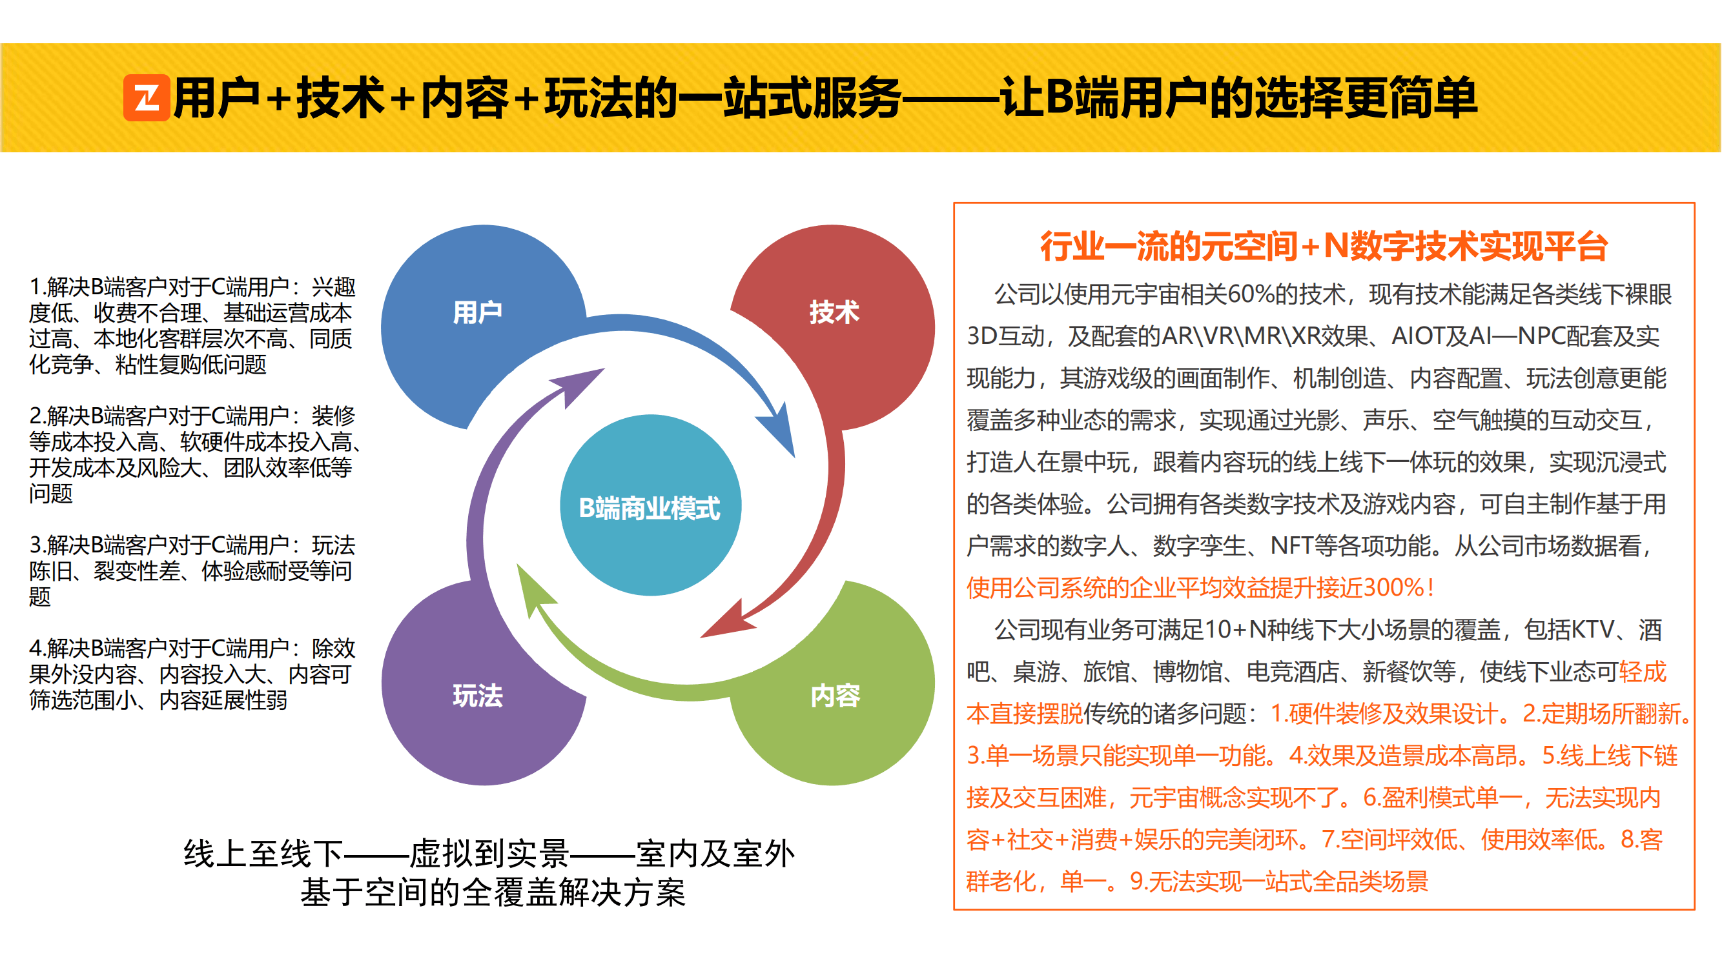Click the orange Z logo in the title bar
tap(147, 97)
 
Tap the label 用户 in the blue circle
tap(477, 312)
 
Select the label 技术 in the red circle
tap(834, 312)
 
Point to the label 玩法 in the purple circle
tap(477, 696)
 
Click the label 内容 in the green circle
tap(835, 696)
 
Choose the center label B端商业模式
tap(650, 508)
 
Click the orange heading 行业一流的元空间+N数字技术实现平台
tap(1324, 246)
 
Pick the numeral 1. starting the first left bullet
tap(37, 287)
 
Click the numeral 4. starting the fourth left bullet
tap(37, 649)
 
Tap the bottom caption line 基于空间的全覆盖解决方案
tap(493, 892)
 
